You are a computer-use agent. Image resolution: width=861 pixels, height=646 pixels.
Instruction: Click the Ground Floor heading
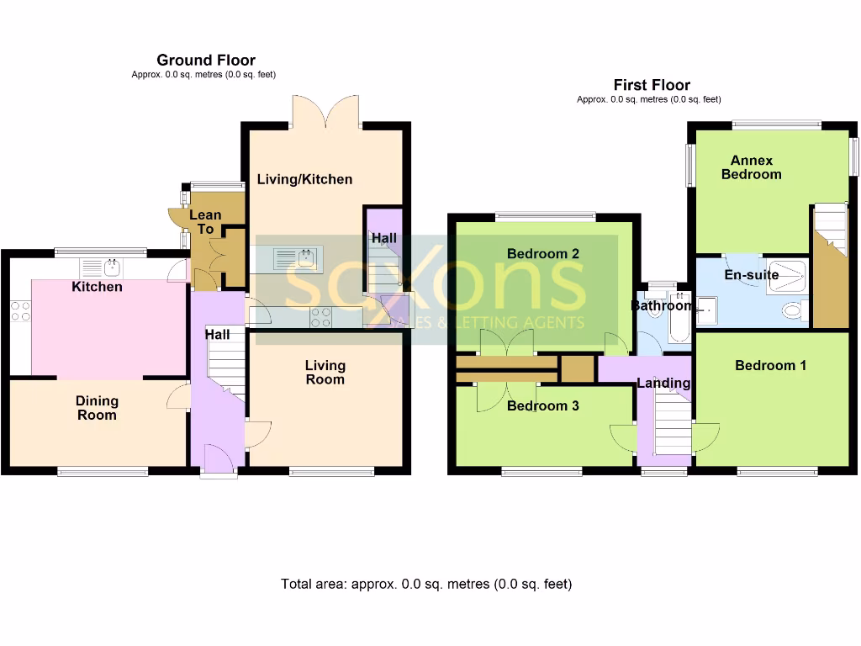point(205,60)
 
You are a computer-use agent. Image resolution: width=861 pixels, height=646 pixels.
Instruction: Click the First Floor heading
point(652,85)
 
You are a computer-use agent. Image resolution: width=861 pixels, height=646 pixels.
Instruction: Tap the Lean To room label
point(205,222)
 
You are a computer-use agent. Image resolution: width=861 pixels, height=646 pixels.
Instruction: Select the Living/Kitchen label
point(304,179)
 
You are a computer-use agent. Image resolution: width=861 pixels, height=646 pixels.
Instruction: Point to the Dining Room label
point(97,408)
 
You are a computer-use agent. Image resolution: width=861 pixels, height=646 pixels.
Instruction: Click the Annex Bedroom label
point(751,167)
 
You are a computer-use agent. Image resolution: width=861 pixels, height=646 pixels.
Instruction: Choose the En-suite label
point(752,274)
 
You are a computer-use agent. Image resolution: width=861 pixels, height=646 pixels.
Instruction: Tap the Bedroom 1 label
point(770,365)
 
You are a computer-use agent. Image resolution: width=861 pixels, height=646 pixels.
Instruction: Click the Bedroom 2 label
point(542,253)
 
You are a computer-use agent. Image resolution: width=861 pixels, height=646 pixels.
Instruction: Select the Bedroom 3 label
point(542,405)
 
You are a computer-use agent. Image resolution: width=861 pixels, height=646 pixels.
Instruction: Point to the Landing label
point(663,384)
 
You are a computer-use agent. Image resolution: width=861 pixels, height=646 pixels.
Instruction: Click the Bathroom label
point(663,306)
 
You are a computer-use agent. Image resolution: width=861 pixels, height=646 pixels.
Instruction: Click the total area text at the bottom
point(426,584)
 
